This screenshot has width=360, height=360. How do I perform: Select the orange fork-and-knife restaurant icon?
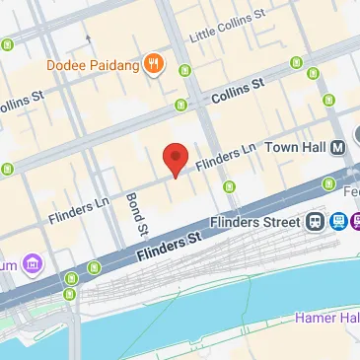tap(153, 66)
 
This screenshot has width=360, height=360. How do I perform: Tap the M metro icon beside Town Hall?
tap(338, 145)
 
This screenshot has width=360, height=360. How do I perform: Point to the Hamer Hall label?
tap(325, 319)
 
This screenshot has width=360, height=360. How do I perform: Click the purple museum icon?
tap(33, 263)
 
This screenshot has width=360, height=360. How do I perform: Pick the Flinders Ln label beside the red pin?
tap(224, 150)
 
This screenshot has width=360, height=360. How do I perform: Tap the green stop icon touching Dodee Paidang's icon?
tap(184, 70)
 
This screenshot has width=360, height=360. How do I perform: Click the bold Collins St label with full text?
tap(238, 90)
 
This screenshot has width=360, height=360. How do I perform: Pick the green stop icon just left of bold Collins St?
tap(180, 105)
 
